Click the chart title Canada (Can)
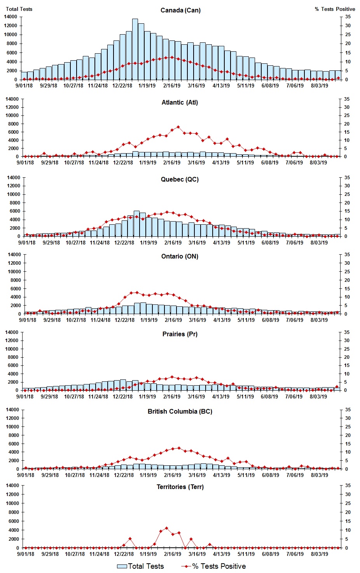click(x=180, y=10)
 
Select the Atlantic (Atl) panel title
click(x=180, y=103)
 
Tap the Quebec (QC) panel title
click(x=180, y=180)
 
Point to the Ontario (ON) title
click(x=180, y=257)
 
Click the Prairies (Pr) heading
click(x=180, y=334)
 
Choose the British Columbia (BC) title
click(x=180, y=411)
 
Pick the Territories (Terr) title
click(x=180, y=487)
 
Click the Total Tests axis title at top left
click(x=19, y=9)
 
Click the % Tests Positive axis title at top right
click(x=335, y=9)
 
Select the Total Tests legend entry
click(x=141, y=566)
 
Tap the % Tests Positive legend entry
click(x=214, y=566)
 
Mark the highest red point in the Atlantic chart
click(x=178, y=127)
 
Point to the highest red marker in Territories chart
click(x=166, y=528)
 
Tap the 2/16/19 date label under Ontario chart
click(x=173, y=320)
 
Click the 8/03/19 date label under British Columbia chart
click(x=319, y=475)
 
